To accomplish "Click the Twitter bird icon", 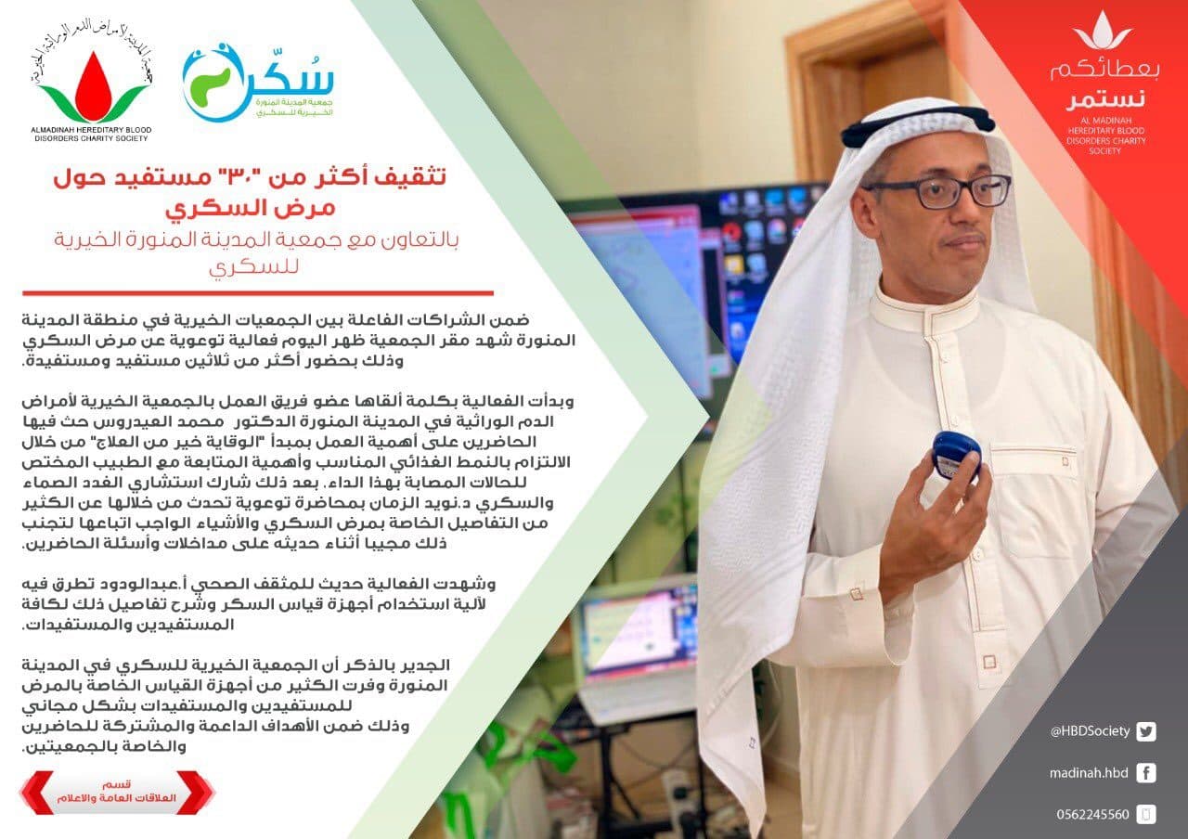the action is point(1146,731).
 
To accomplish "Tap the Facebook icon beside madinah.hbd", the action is point(1146,773).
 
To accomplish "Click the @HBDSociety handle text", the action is point(1090,731).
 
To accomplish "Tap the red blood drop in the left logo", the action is point(94,87).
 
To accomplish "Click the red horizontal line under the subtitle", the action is point(258,292).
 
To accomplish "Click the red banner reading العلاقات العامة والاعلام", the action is point(117,792).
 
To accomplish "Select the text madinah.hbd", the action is point(1089,773).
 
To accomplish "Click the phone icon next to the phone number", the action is point(1146,815).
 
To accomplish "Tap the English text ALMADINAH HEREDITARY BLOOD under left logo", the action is point(91,130).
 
